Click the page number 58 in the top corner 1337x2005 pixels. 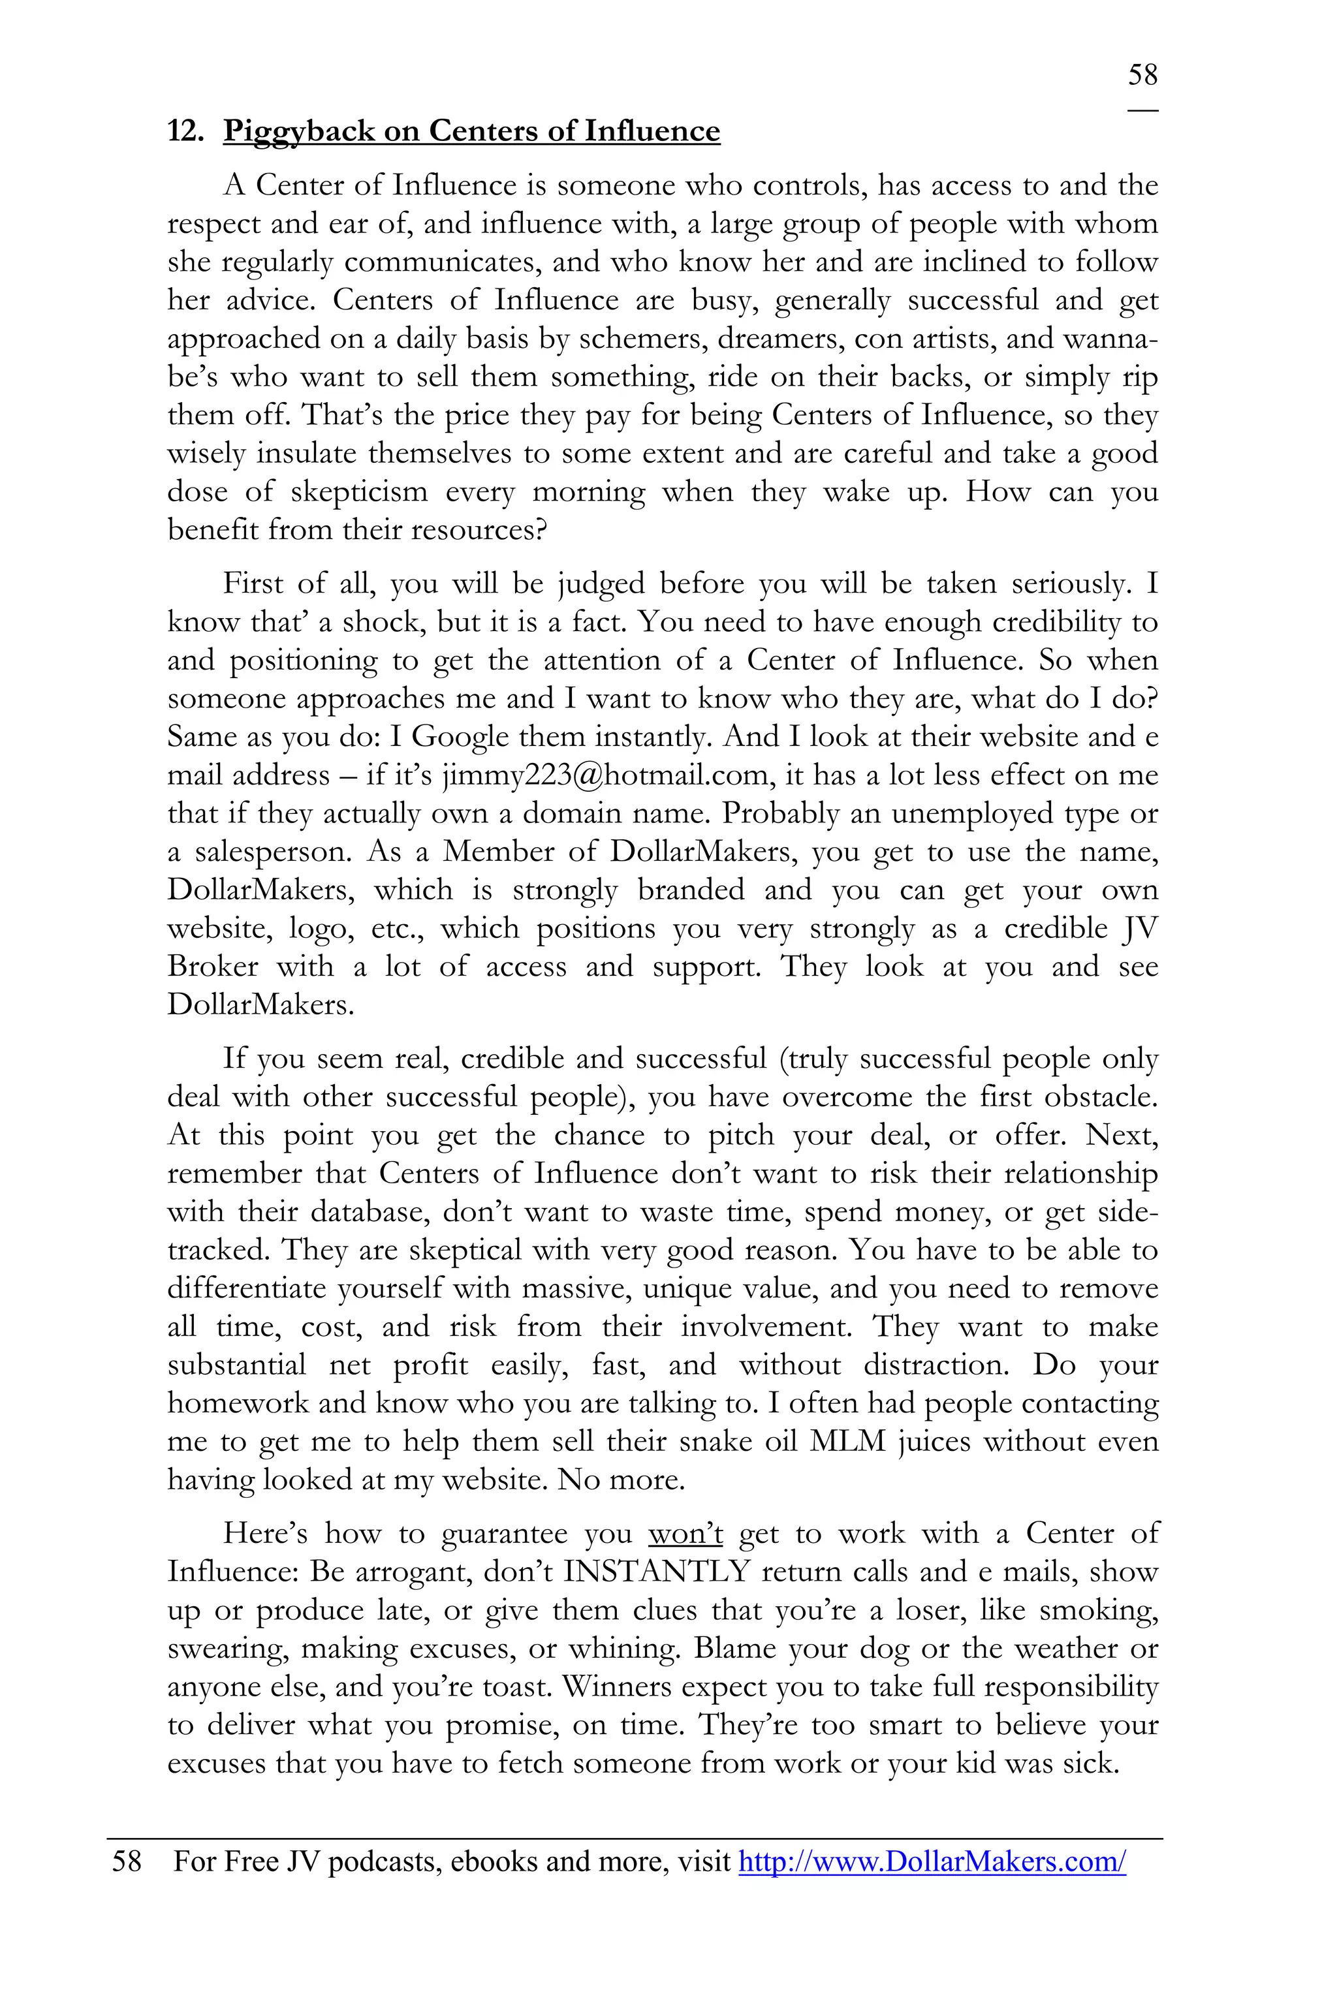pyautogui.click(x=1142, y=75)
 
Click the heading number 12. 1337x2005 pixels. pyautogui.click(x=184, y=131)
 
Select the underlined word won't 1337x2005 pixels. pyautogui.click(x=685, y=1534)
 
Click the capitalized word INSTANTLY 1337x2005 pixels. pyautogui.click(x=655, y=1572)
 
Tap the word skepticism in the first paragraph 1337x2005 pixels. pyautogui.click(x=359, y=492)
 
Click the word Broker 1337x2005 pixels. pyautogui.click(x=212, y=967)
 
